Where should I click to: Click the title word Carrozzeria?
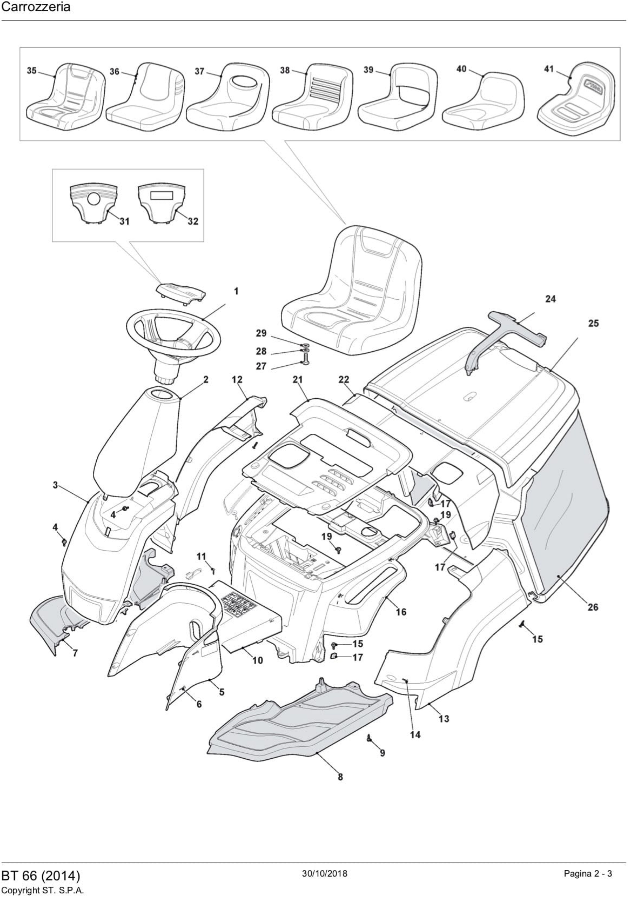(x=36, y=8)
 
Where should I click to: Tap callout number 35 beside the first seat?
(x=32, y=70)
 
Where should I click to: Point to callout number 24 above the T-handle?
(x=550, y=299)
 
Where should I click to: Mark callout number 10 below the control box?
(x=258, y=660)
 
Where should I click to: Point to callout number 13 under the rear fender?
(x=444, y=719)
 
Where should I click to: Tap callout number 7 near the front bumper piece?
(x=75, y=653)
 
